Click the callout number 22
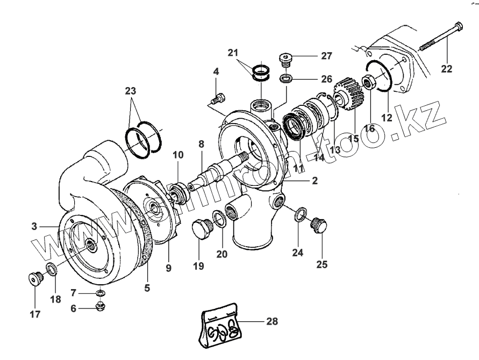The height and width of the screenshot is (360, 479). (x=447, y=69)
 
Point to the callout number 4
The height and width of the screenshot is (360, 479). (x=216, y=71)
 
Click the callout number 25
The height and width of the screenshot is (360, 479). (x=321, y=264)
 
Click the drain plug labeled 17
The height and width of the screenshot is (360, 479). (x=35, y=279)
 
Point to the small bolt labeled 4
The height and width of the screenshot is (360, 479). (x=218, y=98)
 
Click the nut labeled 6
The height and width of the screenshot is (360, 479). (x=99, y=307)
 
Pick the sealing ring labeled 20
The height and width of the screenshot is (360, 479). (x=219, y=217)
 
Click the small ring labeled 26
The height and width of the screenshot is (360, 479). (x=286, y=79)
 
